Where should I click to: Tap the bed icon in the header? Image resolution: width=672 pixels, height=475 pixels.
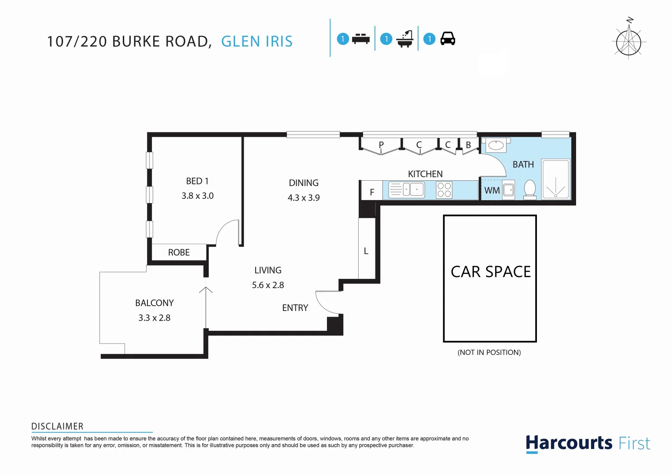[x=361, y=39]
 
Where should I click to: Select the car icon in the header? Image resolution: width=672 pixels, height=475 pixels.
[x=448, y=39]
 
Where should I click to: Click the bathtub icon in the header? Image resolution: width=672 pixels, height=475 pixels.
[x=405, y=39]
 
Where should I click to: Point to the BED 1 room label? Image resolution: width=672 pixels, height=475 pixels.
[x=197, y=181]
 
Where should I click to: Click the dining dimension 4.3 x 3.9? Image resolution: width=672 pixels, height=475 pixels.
[x=304, y=198]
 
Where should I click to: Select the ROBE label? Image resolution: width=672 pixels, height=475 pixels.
[x=179, y=252]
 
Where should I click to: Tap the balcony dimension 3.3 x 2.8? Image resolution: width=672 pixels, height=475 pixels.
[x=154, y=318]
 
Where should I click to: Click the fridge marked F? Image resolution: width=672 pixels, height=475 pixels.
[x=372, y=192]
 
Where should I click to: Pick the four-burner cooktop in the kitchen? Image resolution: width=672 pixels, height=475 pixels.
[x=444, y=190]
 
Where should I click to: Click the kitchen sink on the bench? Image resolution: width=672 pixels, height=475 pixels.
[x=407, y=190]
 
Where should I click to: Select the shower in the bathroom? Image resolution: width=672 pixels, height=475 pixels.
[x=556, y=179]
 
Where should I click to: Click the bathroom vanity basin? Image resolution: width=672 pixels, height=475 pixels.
[x=496, y=144]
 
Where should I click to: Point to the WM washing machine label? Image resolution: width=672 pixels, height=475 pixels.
[x=492, y=190]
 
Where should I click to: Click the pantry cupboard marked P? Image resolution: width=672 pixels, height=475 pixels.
[x=381, y=145]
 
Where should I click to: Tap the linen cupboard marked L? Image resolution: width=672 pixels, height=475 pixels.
[x=366, y=251]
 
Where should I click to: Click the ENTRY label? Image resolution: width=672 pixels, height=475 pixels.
[x=295, y=308]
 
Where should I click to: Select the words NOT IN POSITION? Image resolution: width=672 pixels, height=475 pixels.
[x=489, y=352]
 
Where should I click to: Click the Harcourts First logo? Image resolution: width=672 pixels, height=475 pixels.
[x=588, y=443]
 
